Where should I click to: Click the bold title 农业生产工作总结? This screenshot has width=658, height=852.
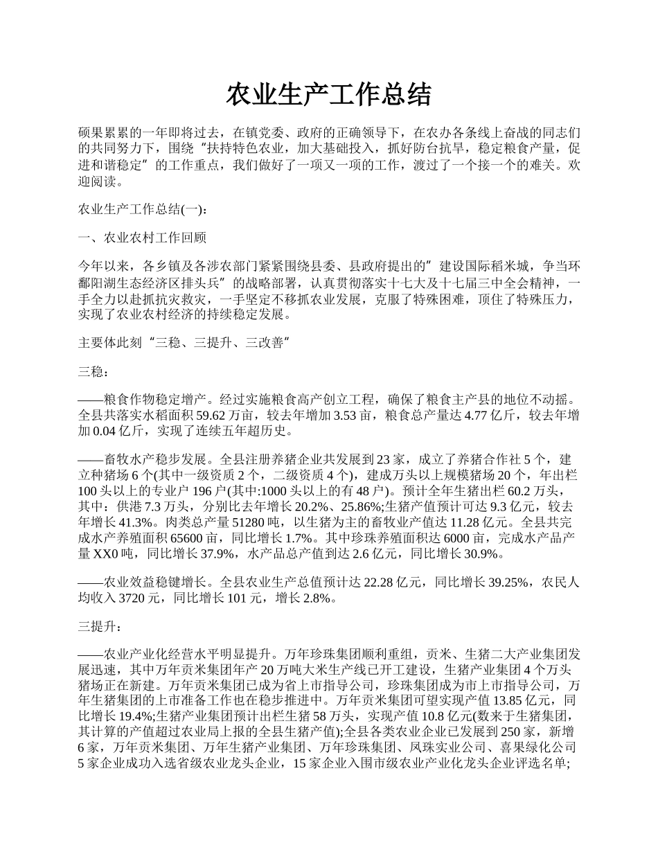(x=329, y=96)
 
